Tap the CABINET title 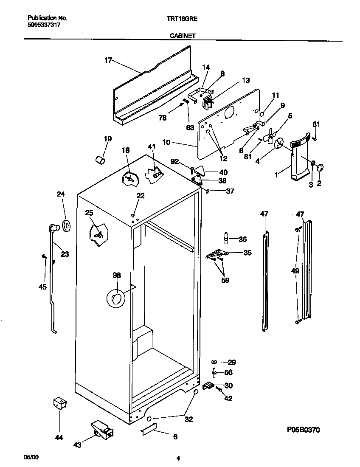[x=183, y=36]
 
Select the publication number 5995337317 [x=44, y=25]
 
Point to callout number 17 [x=108, y=60]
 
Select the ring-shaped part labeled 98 [x=116, y=299]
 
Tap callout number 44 [x=59, y=437]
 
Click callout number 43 [x=77, y=444]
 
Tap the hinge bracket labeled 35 [x=217, y=254]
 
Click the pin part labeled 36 [x=226, y=239]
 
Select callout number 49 [x=295, y=270]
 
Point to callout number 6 [x=175, y=436]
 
